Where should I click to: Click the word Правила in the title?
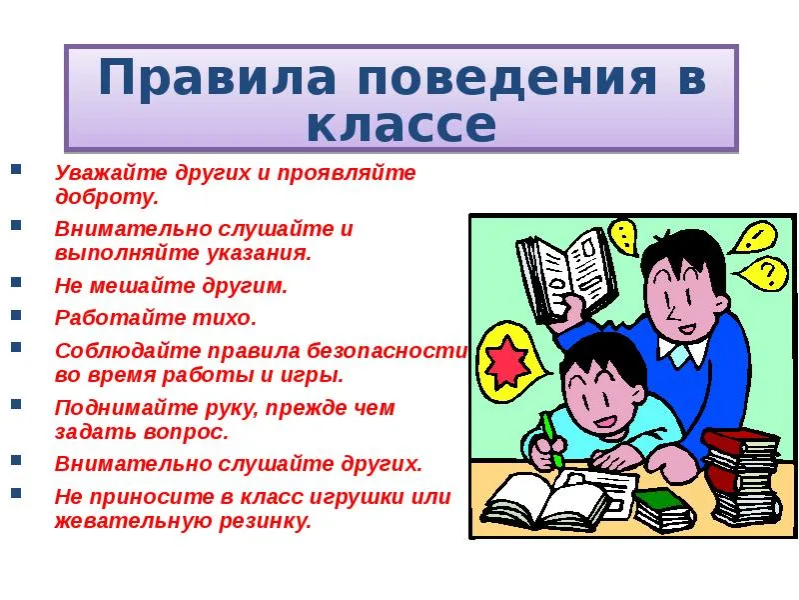click(x=217, y=79)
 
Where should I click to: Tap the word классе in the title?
click(x=401, y=125)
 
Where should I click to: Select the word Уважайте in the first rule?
click(x=111, y=173)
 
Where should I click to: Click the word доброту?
click(x=107, y=197)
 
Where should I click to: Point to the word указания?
click(x=259, y=254)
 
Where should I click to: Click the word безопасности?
click(x=387, y=351)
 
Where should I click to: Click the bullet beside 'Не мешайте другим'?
click(x=16, y=283)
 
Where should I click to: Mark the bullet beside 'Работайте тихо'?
click(x=16, y=315)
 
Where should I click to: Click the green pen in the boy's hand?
click(x=552, y=440)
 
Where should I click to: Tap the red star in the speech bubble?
click(x=506, y=360)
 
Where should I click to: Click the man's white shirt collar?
click(x=682, y=351)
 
